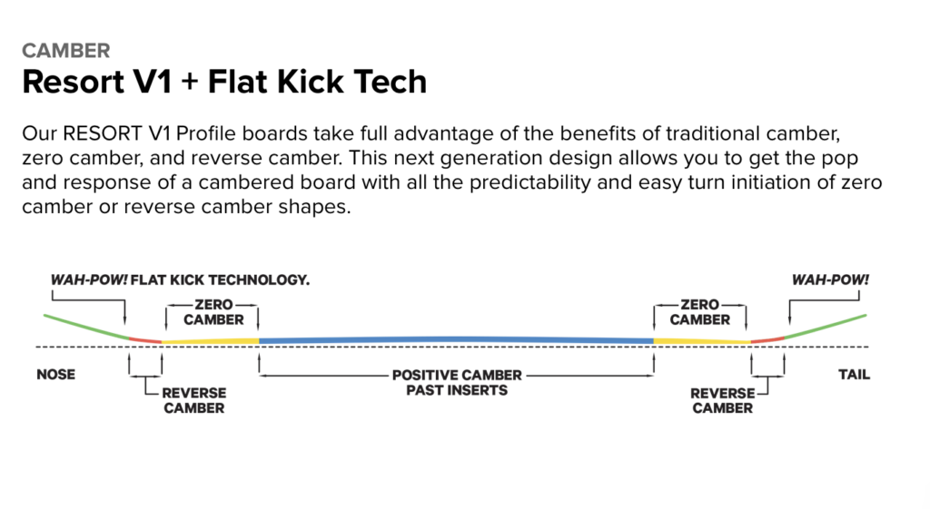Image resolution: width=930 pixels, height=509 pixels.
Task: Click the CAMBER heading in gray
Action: pos(66,51)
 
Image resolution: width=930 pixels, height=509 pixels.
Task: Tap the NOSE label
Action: pos(56,375)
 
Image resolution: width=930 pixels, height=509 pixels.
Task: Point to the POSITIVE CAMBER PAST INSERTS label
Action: pos(456,382)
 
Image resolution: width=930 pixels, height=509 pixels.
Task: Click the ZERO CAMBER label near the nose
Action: pos(213,312)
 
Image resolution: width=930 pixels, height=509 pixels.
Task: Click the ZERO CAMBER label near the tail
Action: pos(699,312)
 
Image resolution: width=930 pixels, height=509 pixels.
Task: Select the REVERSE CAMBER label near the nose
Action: pos(193,400)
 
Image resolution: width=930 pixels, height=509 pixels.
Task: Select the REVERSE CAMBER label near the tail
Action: pos(722,400)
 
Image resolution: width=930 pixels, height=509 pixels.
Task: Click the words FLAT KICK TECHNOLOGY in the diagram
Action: pos(221,279)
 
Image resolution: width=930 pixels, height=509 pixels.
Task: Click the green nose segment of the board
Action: pos(85,326)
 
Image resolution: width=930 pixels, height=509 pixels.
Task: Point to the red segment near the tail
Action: pos(768,339)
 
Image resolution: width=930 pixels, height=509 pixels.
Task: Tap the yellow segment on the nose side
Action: pos(211,341)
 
